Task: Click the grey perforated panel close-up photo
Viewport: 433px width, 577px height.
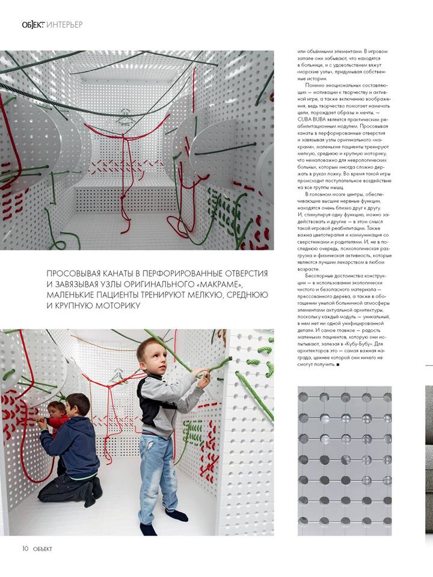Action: [x=345, y=460]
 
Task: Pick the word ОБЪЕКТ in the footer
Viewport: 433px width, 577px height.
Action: [x=42, y=548]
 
